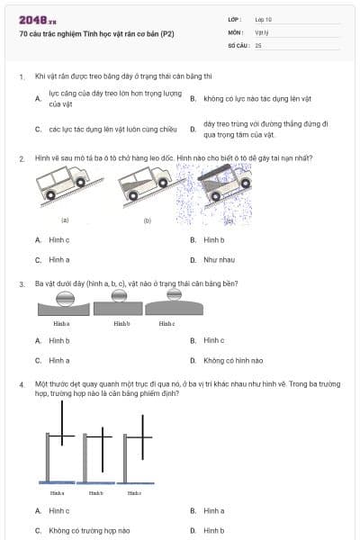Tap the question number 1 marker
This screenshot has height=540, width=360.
(x=21, y=77)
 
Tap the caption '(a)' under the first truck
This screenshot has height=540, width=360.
(x=65, y=220)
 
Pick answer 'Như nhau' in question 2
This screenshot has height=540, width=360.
(x=218, y=259)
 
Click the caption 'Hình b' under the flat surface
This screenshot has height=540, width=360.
(x=121, y=322)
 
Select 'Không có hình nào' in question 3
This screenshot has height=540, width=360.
(x=232, y=360)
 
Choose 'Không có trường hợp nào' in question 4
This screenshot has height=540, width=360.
(x=89, y=530)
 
